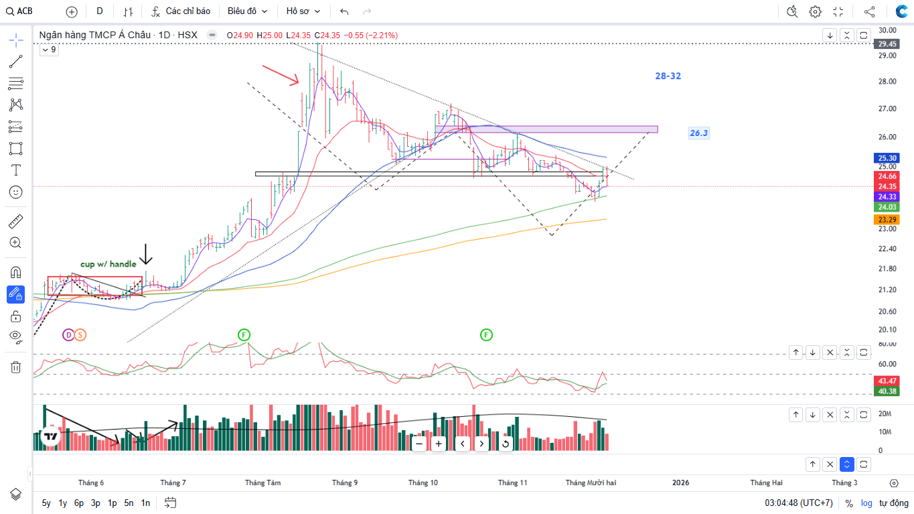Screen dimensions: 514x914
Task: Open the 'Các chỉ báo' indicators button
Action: pos(181,11)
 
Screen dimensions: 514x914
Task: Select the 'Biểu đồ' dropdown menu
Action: pos(247,11)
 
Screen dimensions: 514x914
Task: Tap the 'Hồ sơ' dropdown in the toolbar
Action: pos(303,11)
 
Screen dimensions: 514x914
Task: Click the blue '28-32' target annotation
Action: pos(668,76)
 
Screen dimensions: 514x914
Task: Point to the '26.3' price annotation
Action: pos(698,133)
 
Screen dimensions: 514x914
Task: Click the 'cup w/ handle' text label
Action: pos(108,264)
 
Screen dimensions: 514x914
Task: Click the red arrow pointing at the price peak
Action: pos(281,75)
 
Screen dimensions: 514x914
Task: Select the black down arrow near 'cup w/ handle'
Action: pos(146,255)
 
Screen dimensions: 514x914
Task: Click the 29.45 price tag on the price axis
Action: pos(887,44)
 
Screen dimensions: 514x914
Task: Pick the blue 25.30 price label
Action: pos(887,158)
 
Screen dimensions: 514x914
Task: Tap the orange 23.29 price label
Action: pos(887,220)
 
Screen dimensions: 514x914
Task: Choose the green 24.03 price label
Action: pos(887,208)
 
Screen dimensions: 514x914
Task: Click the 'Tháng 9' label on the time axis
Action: pos(345,483)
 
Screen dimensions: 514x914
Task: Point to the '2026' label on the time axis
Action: pos(680,483)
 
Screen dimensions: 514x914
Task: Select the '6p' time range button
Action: pos(79,503)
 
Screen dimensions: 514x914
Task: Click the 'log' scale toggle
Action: pos(866,503)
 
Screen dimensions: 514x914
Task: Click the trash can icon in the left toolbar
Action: pos(16,367)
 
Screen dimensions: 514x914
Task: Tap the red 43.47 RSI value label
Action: pos(887,381)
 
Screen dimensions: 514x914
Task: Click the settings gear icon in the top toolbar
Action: pos(815,11)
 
